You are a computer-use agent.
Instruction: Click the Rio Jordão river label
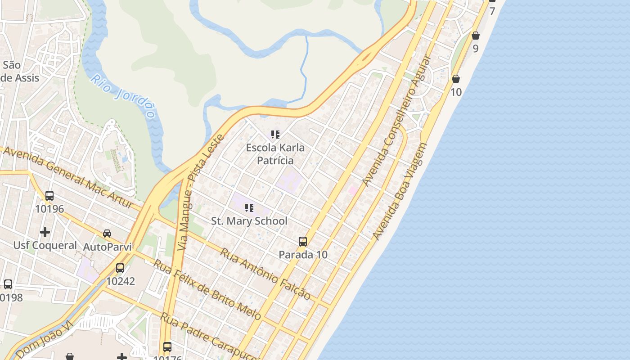[x=126, y=96]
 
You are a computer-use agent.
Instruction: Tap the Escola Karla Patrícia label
[x=275, y=154]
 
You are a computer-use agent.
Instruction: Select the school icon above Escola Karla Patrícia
[x=275, y=134]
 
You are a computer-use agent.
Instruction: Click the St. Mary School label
[x=249, y=221]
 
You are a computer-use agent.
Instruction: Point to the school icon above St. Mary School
[x=249, y=207]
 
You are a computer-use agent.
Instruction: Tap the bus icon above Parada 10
[x=303, y=242]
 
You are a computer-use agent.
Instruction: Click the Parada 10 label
[x=303, y=255]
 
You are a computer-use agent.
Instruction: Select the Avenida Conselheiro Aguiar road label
[x=396, y=121]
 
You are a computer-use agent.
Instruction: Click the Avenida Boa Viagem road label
[x=400, y=192]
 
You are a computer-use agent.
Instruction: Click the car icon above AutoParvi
[x=107, y=233]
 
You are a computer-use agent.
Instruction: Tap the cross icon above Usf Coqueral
[x=45, y=232]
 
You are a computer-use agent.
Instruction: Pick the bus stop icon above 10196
[x=49, y=196]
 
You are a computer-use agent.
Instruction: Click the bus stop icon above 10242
[x=120, y=268]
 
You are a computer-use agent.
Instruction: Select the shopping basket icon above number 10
[x=456, y=79]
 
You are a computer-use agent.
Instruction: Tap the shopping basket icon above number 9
[x=476, y=36]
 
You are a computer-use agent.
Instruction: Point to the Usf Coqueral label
[x=45, y=245]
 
